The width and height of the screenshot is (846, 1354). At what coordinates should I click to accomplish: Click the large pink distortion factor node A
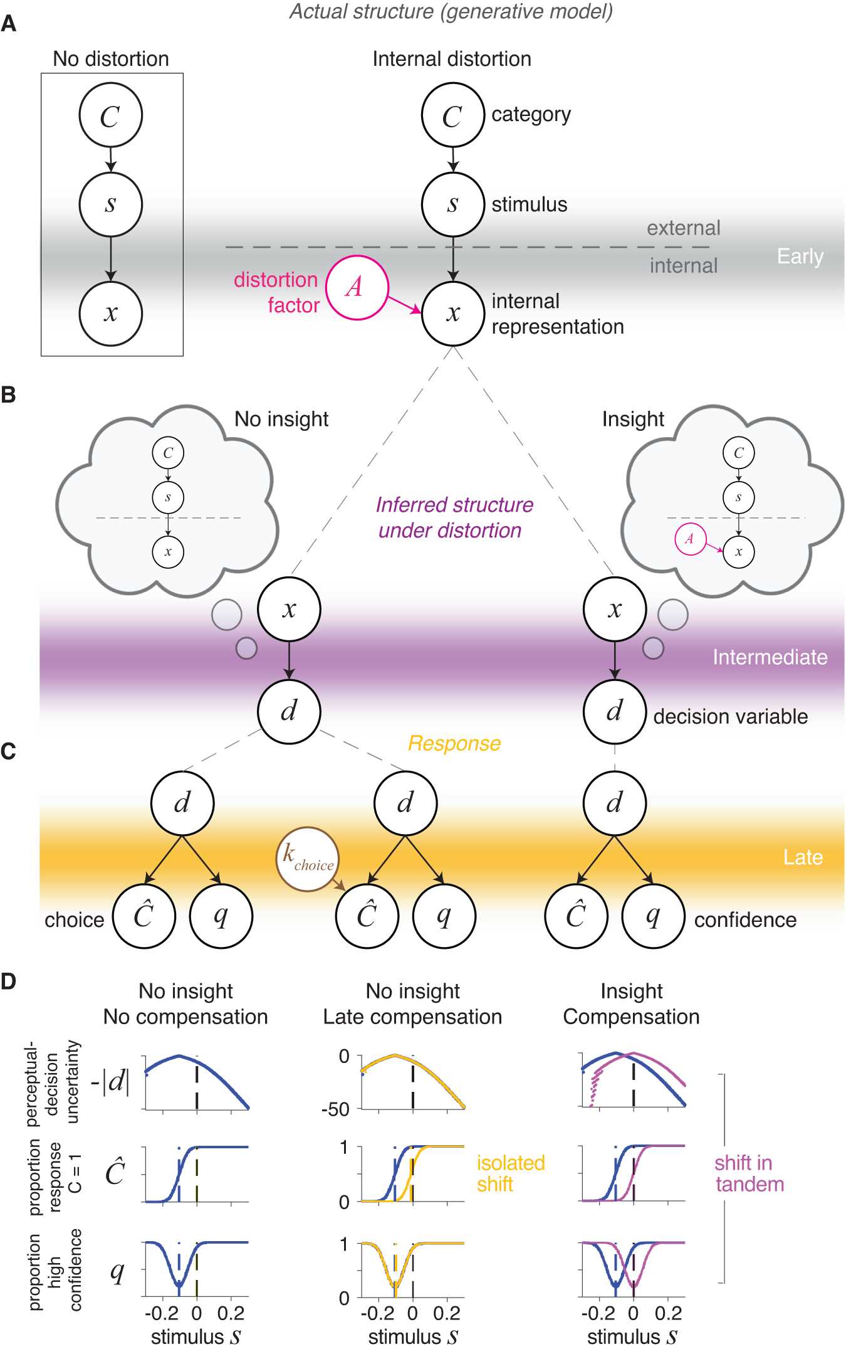(x=357, y=288)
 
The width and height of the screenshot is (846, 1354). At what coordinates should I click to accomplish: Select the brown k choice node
(x=307, y=859)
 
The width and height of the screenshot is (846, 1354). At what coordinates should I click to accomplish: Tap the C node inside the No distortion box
(x=110, y=115)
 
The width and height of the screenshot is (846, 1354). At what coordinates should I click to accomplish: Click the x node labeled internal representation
(x=453, y=314)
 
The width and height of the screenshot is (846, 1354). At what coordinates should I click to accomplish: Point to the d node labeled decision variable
(x=615, y=712)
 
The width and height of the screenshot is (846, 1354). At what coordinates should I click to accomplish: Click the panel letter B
(x=8, y=395)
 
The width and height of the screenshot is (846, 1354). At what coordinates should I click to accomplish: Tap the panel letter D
(x=8, y=981)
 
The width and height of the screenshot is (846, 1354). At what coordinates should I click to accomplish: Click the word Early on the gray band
(x=800, y=257)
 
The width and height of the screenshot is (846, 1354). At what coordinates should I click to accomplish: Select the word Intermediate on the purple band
(x=770, y=657)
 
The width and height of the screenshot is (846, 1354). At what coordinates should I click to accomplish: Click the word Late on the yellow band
(x=803, y=857)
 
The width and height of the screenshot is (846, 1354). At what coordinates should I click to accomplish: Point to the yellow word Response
(x=454, y=744)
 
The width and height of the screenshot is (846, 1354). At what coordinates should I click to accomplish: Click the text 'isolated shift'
(x=511, y=1173)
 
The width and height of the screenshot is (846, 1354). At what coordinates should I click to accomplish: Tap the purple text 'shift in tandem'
(x=749, y=1173)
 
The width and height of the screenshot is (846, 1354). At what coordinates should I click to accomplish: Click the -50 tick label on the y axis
(x=335, y=1110)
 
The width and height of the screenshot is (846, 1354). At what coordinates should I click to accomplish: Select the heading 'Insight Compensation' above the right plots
(x=631, y=1003)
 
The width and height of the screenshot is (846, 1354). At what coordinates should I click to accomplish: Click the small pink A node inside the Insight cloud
(x=690, y=539)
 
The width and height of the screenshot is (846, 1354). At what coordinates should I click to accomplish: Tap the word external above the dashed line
(x=684, y=228)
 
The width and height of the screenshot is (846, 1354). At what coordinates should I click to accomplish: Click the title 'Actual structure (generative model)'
(x=451, y=11)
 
